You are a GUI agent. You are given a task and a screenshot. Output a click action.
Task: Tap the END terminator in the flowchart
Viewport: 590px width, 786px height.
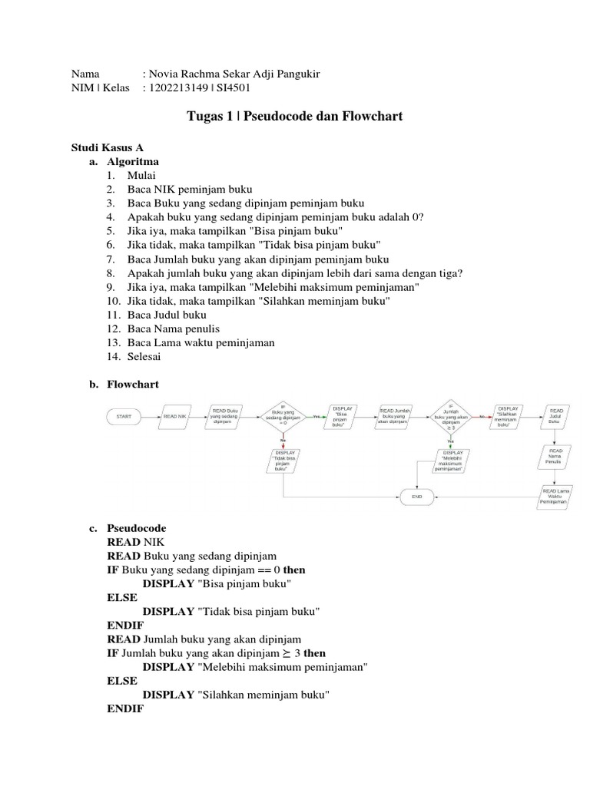click(x=417, y=497)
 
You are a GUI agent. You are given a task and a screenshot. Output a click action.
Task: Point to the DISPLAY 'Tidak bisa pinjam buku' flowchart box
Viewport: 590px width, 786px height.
click(x=283, y=463)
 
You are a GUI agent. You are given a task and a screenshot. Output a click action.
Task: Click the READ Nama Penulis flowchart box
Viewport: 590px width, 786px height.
click(x=555, y=457)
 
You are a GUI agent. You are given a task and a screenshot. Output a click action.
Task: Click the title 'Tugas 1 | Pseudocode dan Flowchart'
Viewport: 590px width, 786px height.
click(x=295, y=117)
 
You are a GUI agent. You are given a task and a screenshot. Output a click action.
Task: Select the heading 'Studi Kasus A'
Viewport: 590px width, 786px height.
click(x=108, y=147)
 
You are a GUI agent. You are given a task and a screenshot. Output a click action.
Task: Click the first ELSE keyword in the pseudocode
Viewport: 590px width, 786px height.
click(x=122, y=597)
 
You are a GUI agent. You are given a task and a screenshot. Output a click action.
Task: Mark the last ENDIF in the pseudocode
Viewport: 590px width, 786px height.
click(x=125, y=708)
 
